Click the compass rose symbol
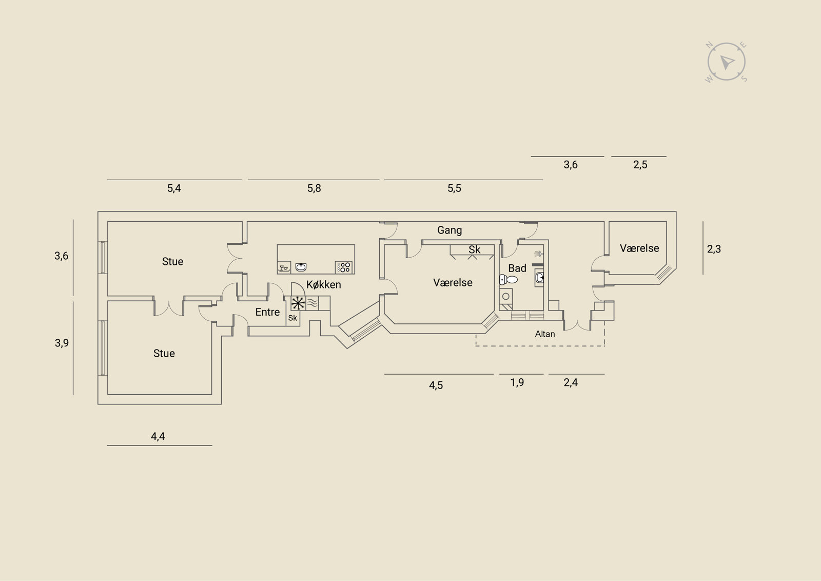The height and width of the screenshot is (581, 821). (726, 62)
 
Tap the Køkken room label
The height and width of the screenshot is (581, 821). (324, 284)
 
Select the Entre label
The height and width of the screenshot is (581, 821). (267, 312)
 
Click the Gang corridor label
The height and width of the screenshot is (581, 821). (449, 230)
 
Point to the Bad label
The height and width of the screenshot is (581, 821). (517, 268)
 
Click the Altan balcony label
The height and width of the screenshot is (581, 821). (545, 334)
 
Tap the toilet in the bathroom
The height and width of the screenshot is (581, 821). (509, 280)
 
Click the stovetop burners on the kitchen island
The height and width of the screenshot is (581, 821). (344, 267)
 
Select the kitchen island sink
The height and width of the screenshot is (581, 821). (301, 267)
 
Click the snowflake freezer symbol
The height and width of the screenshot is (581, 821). (298, 303)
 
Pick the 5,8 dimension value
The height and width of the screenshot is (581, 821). (314, 188)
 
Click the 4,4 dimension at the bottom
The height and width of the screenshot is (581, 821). (158, 436)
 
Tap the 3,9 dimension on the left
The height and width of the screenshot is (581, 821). (62, 343)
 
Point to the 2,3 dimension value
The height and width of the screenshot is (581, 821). (714, 249)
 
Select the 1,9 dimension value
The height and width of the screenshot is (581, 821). (517, 382)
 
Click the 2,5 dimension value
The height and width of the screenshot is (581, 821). (640, 165)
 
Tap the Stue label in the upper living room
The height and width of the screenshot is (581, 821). (172, 262)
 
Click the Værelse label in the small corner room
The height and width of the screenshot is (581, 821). (639, 248)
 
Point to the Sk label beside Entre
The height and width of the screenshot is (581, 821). (292, 318)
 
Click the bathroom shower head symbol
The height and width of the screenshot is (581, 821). (537, 254)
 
